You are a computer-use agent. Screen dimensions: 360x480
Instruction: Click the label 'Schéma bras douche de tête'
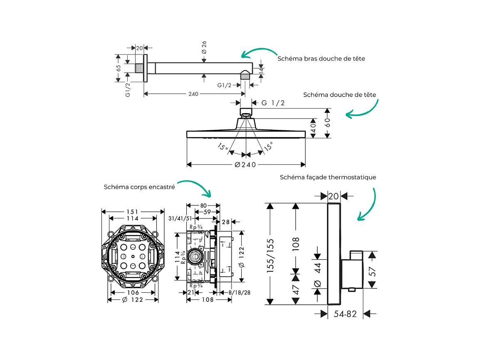pyautogui.click(x=321, y=59)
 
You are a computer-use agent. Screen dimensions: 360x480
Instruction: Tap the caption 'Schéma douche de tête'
pyautogui.click(x=339, y=95)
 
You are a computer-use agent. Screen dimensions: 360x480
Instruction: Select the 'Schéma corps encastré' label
pyautogui.click(x=139, y=187)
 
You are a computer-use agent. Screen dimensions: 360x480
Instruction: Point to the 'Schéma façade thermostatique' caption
pyautogui.click(x=328, y=177)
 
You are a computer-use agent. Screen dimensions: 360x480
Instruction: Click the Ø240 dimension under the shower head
pyautogui.click(x=245, y=165)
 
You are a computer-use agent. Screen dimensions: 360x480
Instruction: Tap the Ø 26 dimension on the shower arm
pyautogui.click(x=204, y=47)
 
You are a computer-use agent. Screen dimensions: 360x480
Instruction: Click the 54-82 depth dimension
pyautogui.click(x=345, y=314)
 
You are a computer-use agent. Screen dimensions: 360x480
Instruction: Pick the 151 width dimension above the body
pyautogui.click(x=133, y=212)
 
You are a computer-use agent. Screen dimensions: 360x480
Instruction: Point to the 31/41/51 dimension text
pyautogui.click(x=180, y=218)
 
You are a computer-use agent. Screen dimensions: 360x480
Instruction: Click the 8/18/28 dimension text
pyautogui.click(x=240, y=293)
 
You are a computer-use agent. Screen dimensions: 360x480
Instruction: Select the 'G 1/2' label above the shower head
pyautogui.click(x=273, y=103)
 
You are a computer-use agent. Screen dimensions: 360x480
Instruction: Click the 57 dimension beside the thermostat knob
pyautogui.click(x=373, y=272)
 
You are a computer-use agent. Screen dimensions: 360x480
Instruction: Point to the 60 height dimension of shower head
pyautogui.click(x=327, y=122)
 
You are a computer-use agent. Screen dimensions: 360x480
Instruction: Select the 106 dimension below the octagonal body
pyautogui.click(x=133, y=292)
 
